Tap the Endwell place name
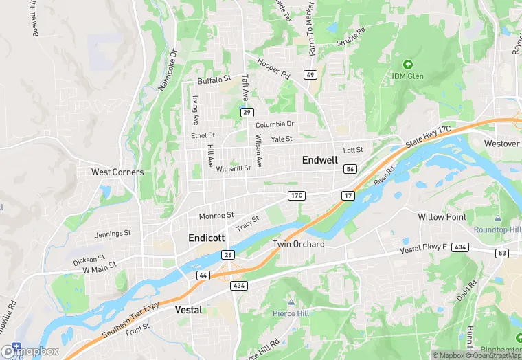coord(319,160)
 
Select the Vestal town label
coord(188,310)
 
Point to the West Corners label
coord(117,172)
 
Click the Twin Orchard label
coord(299,244)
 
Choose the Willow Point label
coord(442,216)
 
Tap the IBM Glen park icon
coord(407,65)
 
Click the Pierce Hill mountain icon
coord(291,302)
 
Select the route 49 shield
coord(311,74)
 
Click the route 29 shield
coord(247,111)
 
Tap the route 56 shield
coord(350,169)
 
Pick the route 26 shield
coord(228,254)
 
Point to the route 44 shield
coord(203,275)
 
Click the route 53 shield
coord(502,253)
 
